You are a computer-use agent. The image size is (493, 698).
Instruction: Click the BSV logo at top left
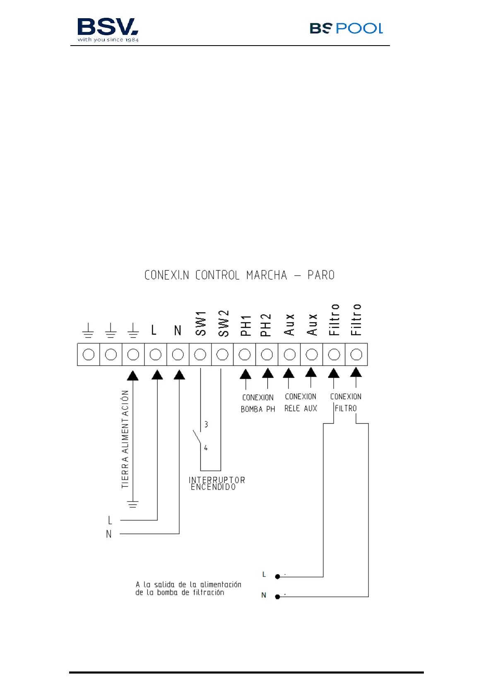point(108,30)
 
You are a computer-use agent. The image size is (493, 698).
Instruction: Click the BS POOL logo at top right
point(346,28)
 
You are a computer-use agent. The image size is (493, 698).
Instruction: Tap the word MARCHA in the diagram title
point(267,275)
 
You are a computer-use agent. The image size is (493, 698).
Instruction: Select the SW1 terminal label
point(201,323)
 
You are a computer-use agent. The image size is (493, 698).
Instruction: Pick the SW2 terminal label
point(223,323)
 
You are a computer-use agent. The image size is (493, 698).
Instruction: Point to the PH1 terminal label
point(245,325)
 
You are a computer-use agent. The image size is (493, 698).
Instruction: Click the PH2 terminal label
point(266,325)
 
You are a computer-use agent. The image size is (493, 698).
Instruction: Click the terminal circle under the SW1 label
point(200,355)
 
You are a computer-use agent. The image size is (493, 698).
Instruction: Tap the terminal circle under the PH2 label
point(267,355)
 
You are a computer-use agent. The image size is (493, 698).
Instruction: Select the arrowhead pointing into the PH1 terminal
point(245,374)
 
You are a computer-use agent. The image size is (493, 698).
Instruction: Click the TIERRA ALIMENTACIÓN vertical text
point(125,439)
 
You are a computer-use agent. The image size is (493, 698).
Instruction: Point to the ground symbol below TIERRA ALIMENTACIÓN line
point(133,504)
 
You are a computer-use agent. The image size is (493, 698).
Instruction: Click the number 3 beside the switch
point(206,424)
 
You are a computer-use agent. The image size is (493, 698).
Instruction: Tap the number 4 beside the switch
point(206,448)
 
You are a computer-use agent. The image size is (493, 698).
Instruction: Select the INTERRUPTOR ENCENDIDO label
point(216,483)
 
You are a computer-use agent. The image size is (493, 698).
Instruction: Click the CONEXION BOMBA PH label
point(258,403)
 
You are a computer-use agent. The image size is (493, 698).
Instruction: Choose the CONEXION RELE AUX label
point(301,402)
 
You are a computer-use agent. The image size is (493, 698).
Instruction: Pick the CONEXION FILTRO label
point(346,402)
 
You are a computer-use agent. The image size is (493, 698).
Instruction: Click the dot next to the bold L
point(277,577)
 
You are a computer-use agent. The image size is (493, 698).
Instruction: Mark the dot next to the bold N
point(277,597)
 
